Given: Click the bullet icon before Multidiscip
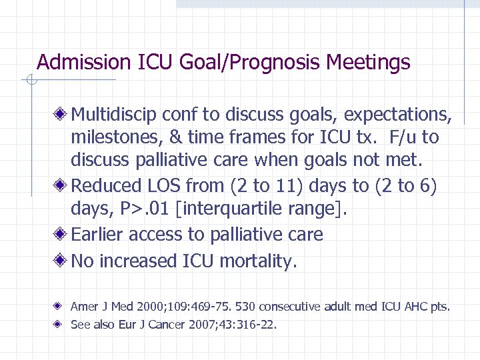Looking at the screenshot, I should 61,115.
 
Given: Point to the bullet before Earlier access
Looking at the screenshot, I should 61,235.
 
